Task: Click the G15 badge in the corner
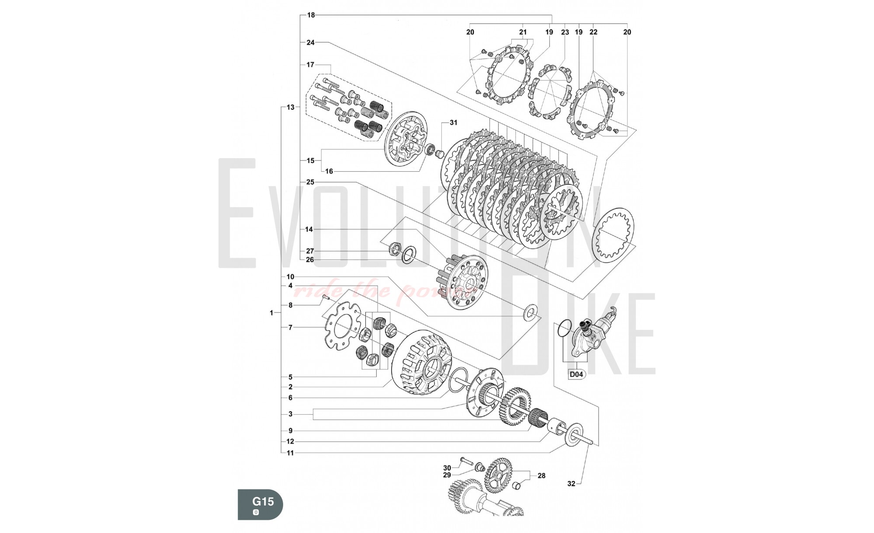click(x=260, y=504)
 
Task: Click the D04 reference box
click(x=576, y=374)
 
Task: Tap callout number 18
click(x=311, y=15)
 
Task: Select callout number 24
click(x=310, y=43)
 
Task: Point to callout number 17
click(x=310, y=65)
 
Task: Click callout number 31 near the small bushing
click(x=454, y=123)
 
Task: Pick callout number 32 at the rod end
click(x=571, y=484)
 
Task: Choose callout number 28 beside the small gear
click(x=541, y=476)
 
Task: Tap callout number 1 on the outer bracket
click(x=271, y=313)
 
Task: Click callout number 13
click(x=291, y=107)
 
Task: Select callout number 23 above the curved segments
click(x=565, y=32)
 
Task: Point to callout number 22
click(x=593, y=32)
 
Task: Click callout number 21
click(x=523, y=32)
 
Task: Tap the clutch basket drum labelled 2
click(x=422, y=361)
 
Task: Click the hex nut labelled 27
click(x=395, y=250)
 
